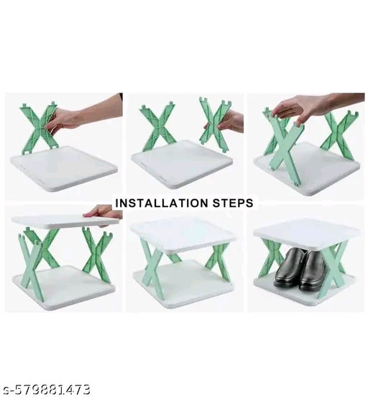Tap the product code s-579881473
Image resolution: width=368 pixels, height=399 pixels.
point(45,390)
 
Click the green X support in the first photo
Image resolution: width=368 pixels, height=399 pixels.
point(39,129)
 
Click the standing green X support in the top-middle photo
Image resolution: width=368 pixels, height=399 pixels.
point(159,128)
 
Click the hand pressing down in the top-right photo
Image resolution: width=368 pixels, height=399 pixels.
point(302,108)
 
